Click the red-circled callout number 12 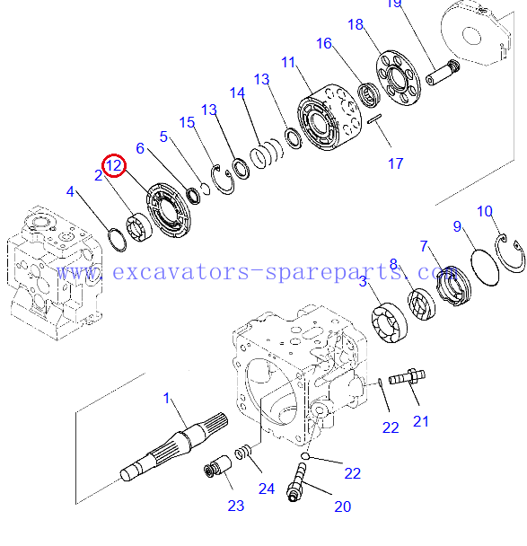[x=114, y=165]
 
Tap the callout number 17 [x=395, y=163]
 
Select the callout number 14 [x=237, y=93]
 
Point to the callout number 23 [x=235, y=506]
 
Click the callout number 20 [x=343, y=506]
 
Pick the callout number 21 [x=420, y=421]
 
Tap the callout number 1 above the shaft [x=166, y=398]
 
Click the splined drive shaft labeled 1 [x=174, y=446]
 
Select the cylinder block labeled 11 [x=329, y=118]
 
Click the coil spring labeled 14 [x=267, y=154]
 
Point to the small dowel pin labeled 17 [x=374, y=119]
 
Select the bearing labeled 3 [x=389, y=322]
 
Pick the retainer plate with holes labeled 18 [x=399, y=78]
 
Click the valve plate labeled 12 [x=169, y=210]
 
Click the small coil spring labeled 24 [x=243, y=453]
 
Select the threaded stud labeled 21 [x=407, y=377]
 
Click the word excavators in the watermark [x=180, y=272]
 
